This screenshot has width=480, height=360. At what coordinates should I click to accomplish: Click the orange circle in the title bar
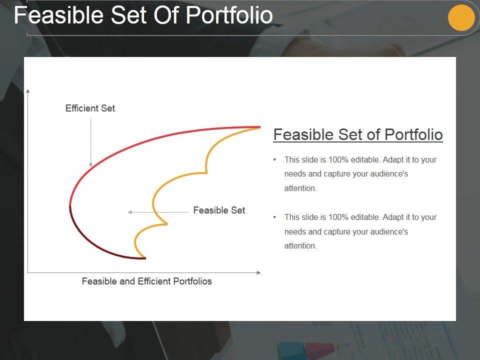tap(461, 17)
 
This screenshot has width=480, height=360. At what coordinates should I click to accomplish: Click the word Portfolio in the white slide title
tap(229, 15)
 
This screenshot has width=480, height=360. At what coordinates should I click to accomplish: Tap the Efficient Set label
tap(90, 108)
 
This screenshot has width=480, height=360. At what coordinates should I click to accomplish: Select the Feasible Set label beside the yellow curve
tap(219, 210)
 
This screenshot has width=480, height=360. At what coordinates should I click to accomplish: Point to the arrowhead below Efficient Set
tap(90, 165)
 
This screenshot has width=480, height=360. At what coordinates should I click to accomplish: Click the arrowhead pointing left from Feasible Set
tap(130, 212)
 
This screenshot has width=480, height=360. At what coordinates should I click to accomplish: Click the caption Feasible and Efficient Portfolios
tap(146, 281)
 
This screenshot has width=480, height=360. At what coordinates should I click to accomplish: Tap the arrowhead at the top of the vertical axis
tap(28, 91)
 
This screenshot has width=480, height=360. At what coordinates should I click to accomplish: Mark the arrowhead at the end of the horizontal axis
tap(258, 272)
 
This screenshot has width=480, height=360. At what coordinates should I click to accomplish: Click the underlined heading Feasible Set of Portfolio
tap(358, 134)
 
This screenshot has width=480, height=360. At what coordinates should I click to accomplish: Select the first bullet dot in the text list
tap(274, 159)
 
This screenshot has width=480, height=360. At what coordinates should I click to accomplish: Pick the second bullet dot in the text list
tap(274, 217)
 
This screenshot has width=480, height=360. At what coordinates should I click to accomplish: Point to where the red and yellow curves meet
tap(260, 127)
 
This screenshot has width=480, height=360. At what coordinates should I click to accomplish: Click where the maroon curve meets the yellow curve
tap(145, 258)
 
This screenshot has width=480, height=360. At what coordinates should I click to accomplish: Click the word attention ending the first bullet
tap(300, 188)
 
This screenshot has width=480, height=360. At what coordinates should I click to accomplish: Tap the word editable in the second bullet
tap(365, 217)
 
